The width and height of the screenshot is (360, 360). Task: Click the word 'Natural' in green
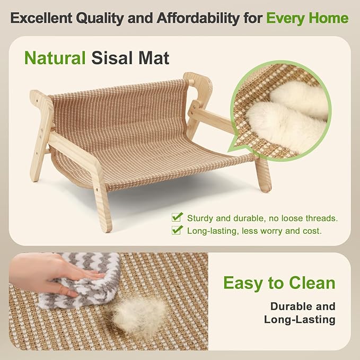pyautogui.click(x=55, y=57)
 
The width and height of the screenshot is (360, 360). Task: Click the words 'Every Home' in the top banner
pyautogui.click(x=307, y=18)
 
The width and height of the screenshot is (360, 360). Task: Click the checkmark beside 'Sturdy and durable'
pyautogui.click(x=177, y=217)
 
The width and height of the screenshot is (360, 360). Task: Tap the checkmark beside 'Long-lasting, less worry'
pyautogui.click(x=177, y=230)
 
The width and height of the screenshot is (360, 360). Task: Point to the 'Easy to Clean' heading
pyautogui.click(x=279, y=283)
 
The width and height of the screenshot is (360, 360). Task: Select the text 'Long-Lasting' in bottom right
pyautogui.click(x=300, y=320)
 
